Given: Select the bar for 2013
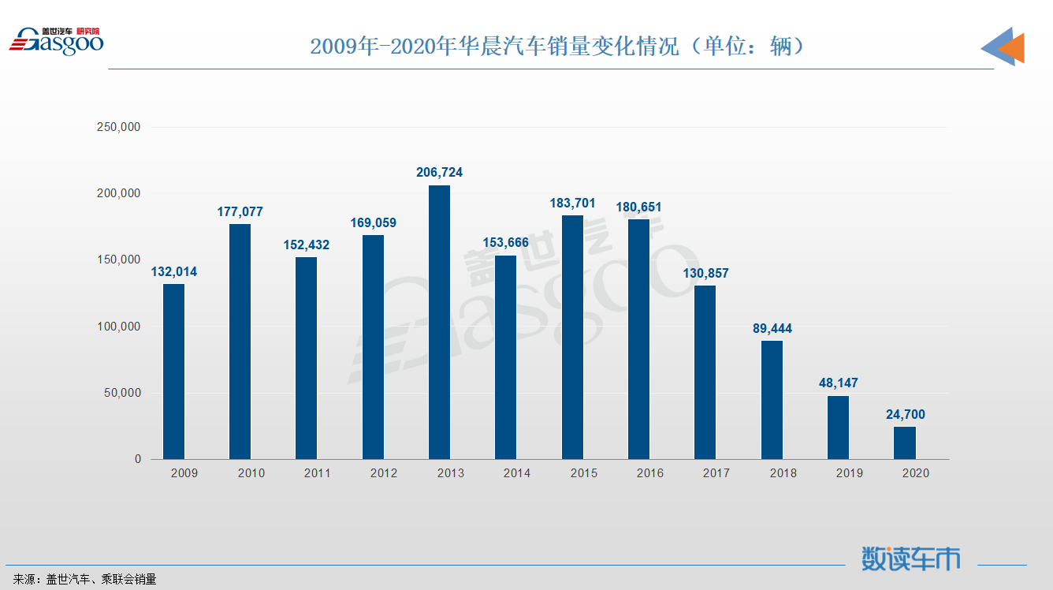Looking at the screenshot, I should (x=439, y=322).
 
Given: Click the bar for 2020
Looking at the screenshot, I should (x=905, y=442).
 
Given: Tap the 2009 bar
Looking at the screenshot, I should (x=173, y=371).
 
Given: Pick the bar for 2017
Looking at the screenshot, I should (x=705, y=372).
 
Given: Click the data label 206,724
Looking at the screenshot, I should (x=439, y=172).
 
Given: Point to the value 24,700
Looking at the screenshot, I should (x=905, y=414).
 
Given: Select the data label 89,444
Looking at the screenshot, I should (x=772, y=328).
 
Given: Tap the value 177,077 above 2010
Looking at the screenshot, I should (x=240, y=211).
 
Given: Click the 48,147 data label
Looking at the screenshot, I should (x=838, y=383).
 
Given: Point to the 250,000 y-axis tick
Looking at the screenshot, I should (x=117, y=127).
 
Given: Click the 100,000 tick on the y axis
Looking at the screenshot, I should (x=117, y=327).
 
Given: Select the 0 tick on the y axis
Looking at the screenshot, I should (x=137, y=459).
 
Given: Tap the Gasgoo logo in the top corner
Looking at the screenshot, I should (x=56, y=41).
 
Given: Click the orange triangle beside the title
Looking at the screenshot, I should (x=1013, y=48).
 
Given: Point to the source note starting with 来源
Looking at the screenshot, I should (x=85, y=579).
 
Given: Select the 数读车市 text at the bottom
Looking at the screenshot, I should (x=911, y=559).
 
